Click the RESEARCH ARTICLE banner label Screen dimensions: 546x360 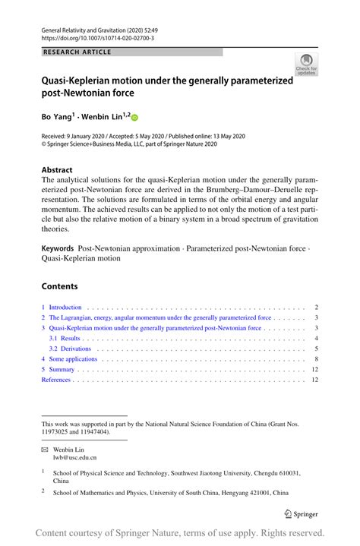pyautogui.click(x=77, y=52)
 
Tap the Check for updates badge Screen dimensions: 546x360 pyautogui.click(x=306, y=65)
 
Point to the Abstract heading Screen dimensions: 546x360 pyautogui.click(x=57, y=170)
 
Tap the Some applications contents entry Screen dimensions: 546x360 pyautogui.click(x=73, y=358)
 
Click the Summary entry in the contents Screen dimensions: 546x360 pyautogui.click(x=62, y=369)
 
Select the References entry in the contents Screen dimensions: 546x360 pyautogui.click(x=55, y=379)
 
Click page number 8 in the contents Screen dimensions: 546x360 pyautogui.click(x=315, y=358)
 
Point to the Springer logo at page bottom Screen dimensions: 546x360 pyautogui.click(x=300, y=514)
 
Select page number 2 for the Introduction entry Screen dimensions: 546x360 pyautogui.click(x=315, y=308)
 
